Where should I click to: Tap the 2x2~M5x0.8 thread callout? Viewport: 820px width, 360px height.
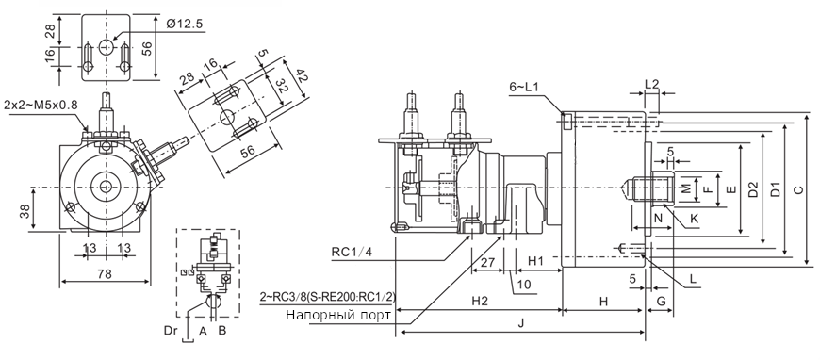[x=41, y=105]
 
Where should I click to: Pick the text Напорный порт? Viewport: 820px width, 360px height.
[x=338, y=316]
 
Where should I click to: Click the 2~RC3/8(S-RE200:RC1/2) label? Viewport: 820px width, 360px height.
[x=328, y=297]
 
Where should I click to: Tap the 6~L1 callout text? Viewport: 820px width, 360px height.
[x=524, y=87]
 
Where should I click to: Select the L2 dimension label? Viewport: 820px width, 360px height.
[x=651, y=83]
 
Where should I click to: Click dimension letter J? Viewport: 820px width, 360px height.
[x=521, y=323]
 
